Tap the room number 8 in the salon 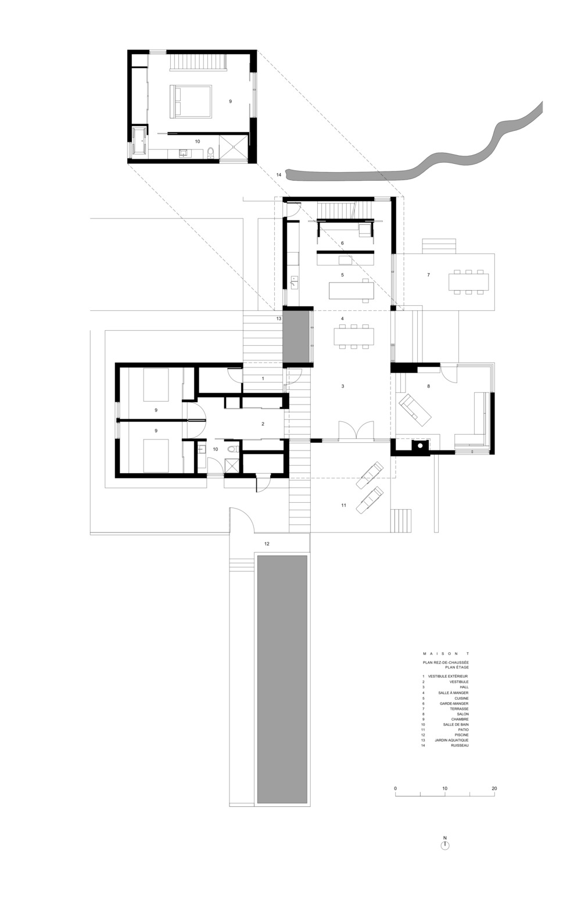click(428, 386)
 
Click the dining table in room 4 click(354, 337)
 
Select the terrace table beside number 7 click(469, 281)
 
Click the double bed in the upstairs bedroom click(191, 101)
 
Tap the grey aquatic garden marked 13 click(297, 339)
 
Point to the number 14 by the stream click(279, 175)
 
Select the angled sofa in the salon click(414, 409)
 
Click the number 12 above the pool click(267, 543)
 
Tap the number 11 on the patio click(343, 505)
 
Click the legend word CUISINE click(461, 698)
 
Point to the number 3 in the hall click(343, 386)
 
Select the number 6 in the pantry click(342, 243)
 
